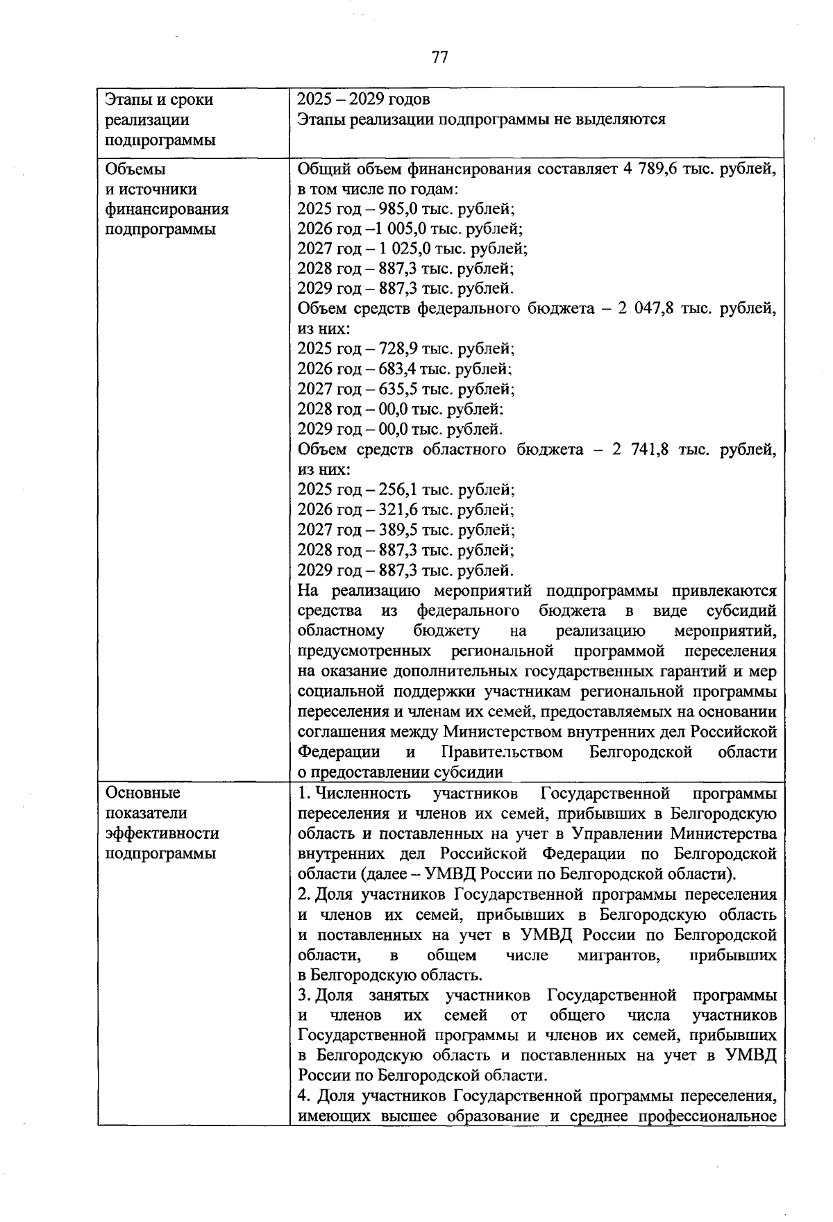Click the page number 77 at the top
(x=439, y=57)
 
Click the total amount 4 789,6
(x=650, y=169)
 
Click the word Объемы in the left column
(x=135, y=169)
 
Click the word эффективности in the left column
(x=162, y=833)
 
